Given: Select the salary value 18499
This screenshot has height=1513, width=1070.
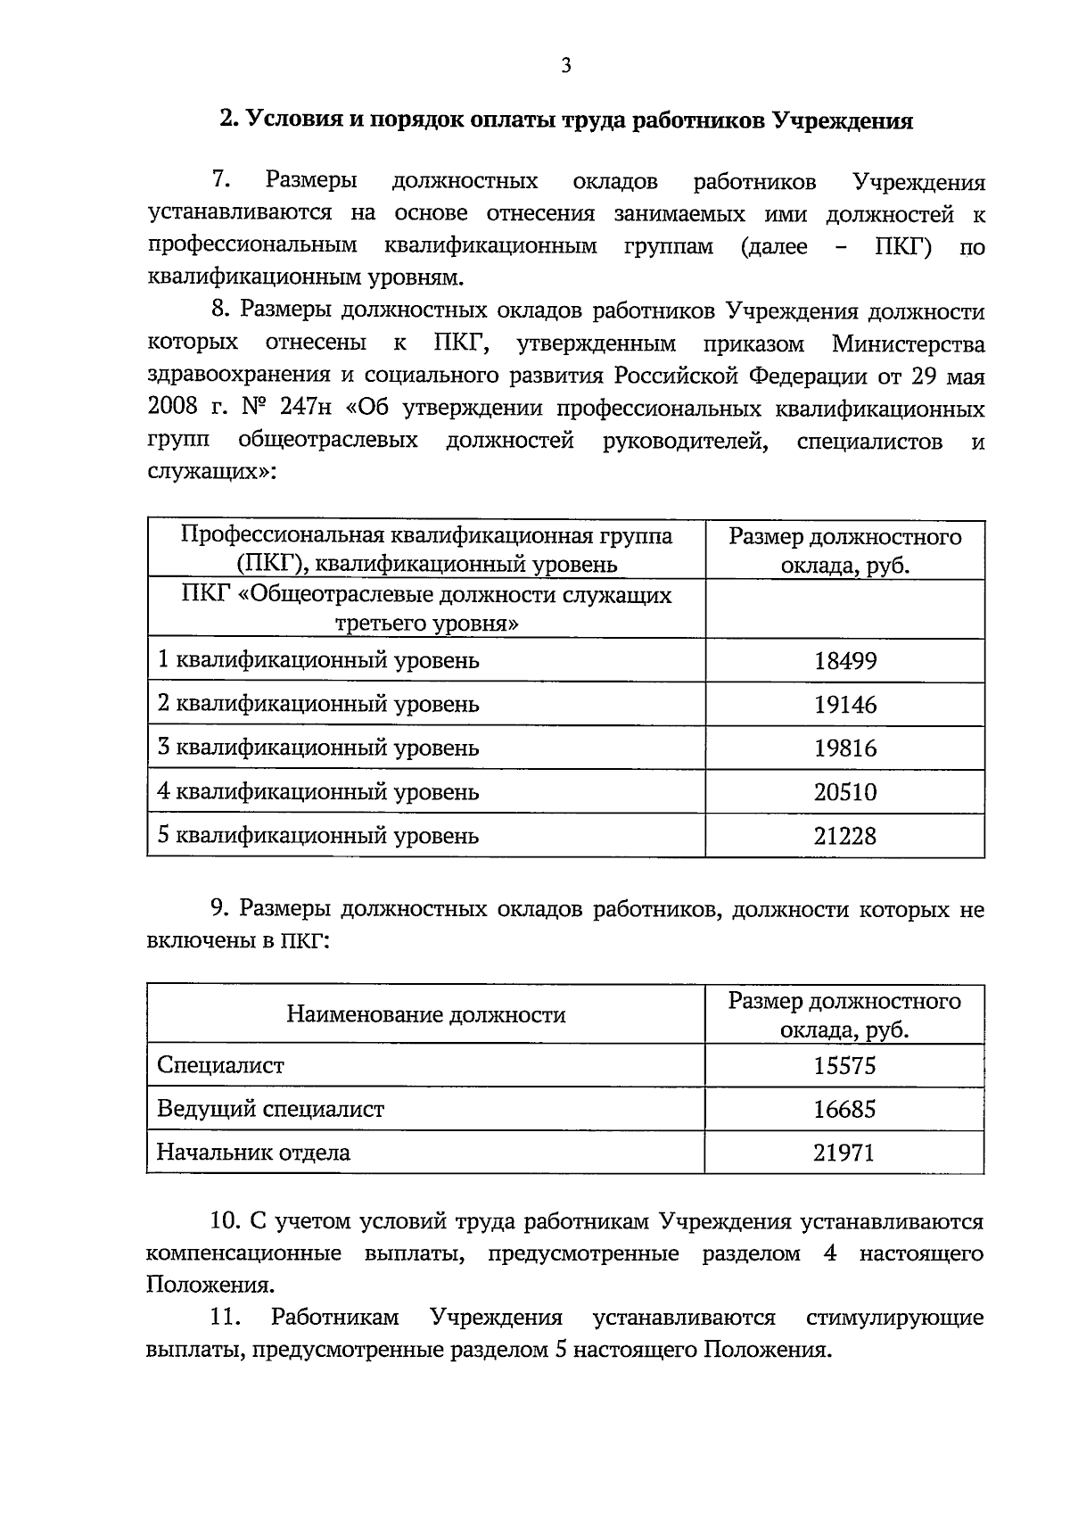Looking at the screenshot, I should pos(844,661).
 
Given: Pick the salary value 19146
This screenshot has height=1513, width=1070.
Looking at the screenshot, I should pos(844,705).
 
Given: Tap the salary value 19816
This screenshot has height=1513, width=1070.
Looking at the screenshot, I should pos(844,748).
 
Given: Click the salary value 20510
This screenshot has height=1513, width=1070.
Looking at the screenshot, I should pos(844,792).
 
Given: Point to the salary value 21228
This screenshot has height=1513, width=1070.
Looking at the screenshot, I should pos(844,836).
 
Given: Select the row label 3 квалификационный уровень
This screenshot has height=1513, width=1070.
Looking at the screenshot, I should pos(318,748).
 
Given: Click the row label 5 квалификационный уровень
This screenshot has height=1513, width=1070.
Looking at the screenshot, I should pos(318,836).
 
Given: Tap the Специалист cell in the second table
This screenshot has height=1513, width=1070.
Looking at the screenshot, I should pos(220,1065).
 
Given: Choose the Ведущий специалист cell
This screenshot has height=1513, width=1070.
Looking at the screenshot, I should pos(270,1109).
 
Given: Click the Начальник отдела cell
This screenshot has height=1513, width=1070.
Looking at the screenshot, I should pos(253,1152).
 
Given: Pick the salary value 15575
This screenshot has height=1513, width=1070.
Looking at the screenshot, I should pos(844,1066).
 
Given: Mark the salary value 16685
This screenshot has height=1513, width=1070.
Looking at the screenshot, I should pos(844,1110).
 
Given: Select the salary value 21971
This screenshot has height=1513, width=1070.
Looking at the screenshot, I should pos(844,1153).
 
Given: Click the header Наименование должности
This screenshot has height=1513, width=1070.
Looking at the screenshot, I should pos(425,1014).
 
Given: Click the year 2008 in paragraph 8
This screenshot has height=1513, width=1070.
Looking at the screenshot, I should pos(173,409).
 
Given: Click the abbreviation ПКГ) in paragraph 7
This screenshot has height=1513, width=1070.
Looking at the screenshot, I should pos(901,246).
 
